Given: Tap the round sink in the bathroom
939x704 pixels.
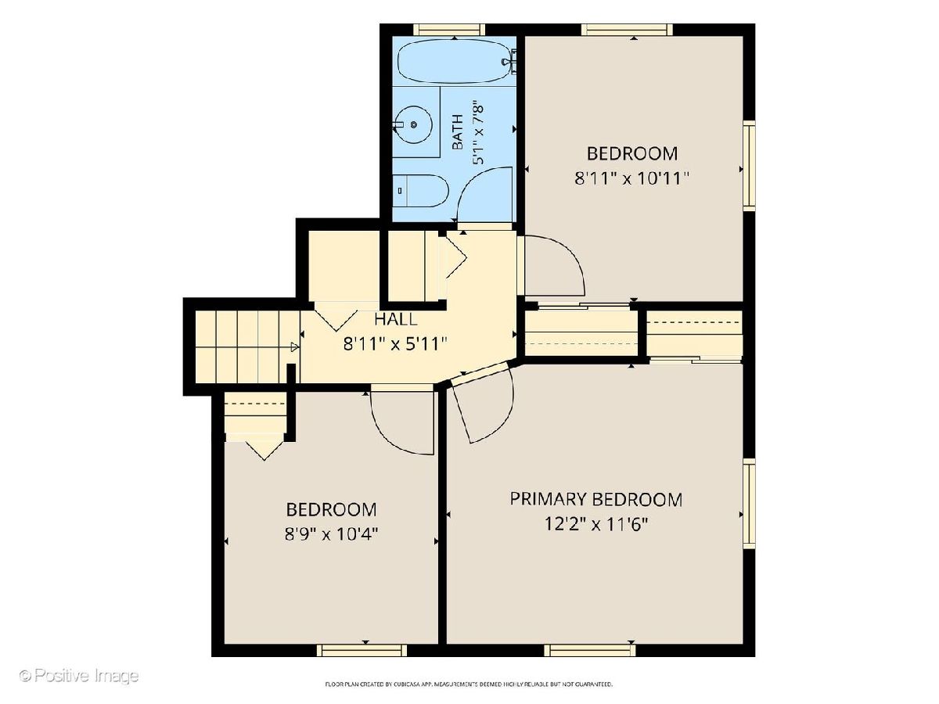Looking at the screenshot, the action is [412, 125].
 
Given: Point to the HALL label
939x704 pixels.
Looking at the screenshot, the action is [395, 319].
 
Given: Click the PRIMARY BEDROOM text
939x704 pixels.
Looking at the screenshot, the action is [596, 499].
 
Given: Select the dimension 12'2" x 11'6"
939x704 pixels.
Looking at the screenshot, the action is [596, 523].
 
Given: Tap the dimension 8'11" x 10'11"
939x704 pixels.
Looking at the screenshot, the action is [631, 178].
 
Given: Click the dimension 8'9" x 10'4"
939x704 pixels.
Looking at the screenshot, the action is [332, 534].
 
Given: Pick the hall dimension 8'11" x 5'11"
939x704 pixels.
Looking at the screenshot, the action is [395, 343].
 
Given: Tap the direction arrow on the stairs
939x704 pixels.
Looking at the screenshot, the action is [295, 347].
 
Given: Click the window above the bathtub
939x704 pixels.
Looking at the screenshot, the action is [449, 30].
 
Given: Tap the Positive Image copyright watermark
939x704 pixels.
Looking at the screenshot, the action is [80, 675].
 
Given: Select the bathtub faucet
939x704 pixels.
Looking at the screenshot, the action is [510, 62].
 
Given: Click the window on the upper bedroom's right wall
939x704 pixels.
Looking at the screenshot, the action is [749, 164].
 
